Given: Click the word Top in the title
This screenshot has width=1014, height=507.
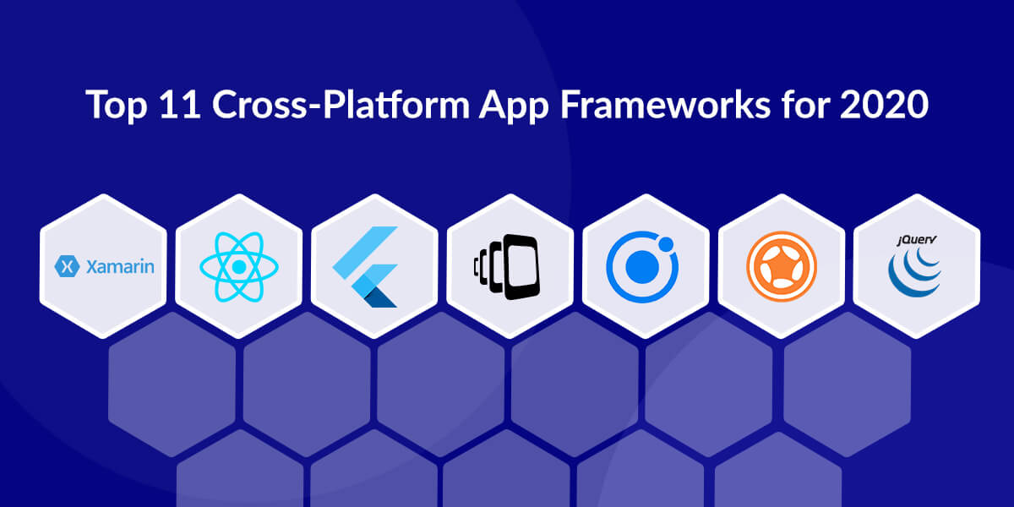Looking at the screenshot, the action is (x=117, y=105).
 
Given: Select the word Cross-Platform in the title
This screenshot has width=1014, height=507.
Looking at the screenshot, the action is (x=341, y=105).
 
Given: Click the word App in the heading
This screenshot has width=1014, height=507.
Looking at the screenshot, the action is (x=514, y=106).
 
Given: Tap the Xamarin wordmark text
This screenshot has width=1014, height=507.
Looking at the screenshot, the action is (x=120, y=267).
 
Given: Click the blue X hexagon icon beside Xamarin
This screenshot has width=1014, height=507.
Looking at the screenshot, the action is (x=67, y=266).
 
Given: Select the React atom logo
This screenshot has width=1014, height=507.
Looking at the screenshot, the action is (x=239, y=267).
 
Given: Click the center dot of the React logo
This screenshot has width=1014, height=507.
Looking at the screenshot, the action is (x=239, y=267).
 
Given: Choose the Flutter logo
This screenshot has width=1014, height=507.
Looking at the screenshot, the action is (x=365, y=267).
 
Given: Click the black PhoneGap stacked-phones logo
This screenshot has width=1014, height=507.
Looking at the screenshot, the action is (x=507, y=267).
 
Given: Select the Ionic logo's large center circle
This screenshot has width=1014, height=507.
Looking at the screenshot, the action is (x=642, y=267).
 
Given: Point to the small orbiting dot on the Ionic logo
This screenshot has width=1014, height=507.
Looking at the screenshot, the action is (x=666, y=243).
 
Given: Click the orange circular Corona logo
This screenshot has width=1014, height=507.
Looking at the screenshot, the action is (x=782, y=267).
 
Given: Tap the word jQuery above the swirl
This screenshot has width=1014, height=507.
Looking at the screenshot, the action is (x=917, y=240).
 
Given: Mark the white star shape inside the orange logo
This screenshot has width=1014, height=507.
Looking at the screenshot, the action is (x=782, y=267).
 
